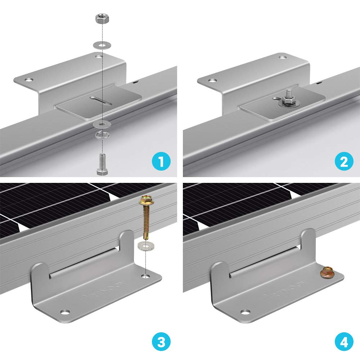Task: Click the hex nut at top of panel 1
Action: [100, 19]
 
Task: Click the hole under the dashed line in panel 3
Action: [145, 276]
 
